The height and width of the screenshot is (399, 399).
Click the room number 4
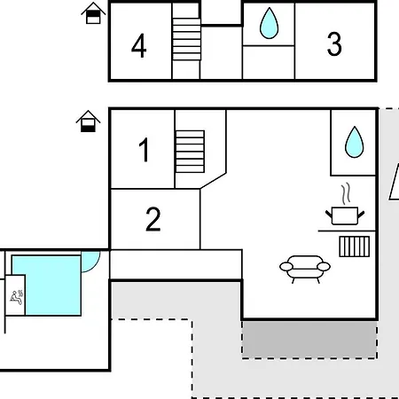(139, 45)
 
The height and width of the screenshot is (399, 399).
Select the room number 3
(334, 44)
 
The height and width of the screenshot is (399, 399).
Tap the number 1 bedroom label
(145, 150)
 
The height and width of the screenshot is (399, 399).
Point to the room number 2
(153, 219)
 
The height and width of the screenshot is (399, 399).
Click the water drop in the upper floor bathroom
(269, 24)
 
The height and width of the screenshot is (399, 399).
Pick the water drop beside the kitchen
(355, 143)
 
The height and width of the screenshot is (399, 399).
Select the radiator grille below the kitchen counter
(355, 246)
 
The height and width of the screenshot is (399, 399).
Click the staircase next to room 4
(186, 39)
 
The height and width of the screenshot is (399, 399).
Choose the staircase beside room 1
(190, 152)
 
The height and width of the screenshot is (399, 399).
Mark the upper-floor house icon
(93, 13)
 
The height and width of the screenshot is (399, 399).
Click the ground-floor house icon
(88, 121)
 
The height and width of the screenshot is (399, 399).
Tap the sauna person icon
(17, 297)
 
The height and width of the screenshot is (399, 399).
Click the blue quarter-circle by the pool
(89, 260)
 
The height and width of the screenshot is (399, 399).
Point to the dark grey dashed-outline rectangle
(309, 340)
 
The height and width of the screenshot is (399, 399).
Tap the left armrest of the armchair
(286, 267)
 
